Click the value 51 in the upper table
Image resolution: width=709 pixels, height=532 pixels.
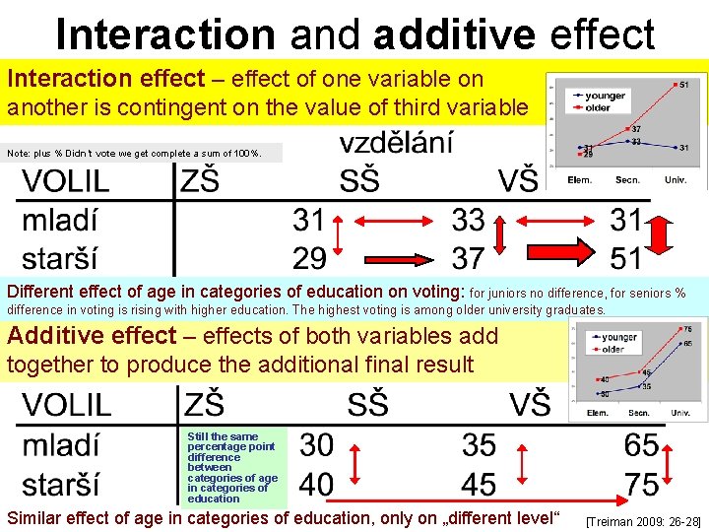[625, 258]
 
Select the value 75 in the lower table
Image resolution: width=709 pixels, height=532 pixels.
[641, 485]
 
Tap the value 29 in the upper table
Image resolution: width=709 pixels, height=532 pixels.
[309, 258]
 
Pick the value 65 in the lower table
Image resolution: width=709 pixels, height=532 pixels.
[641, 446]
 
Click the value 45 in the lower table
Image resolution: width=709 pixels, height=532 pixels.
[479, 485]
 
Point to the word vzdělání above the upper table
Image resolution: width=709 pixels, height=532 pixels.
[397, 144]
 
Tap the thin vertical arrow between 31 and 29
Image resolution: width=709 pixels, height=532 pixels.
[339, 237]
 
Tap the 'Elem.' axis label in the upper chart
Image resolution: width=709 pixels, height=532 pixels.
[580, 180]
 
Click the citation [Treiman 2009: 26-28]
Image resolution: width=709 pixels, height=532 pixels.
[643, 519]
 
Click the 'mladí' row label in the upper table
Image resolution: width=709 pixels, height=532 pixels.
[60, 219]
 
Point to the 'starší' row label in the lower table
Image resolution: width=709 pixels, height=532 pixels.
[60, 485]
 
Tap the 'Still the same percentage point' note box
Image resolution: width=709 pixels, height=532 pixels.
[232, 467]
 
